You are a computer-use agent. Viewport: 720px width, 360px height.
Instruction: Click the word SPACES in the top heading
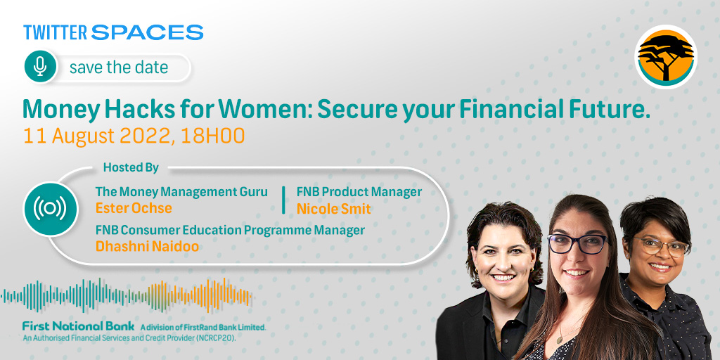pos(148,32)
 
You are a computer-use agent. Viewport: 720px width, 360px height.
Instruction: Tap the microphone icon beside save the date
pos(40,67)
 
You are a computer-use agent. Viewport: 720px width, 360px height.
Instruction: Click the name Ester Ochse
pos(134,208)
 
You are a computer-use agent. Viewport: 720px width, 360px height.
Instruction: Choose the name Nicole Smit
pos(333,208)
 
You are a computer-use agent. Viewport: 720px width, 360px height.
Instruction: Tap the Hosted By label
pos(131,167)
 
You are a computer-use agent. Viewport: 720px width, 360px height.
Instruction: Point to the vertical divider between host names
pos(283,200)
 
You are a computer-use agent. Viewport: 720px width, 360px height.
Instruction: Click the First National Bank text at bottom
pos(79,326)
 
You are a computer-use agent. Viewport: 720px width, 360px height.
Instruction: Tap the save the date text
pos(119,67)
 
